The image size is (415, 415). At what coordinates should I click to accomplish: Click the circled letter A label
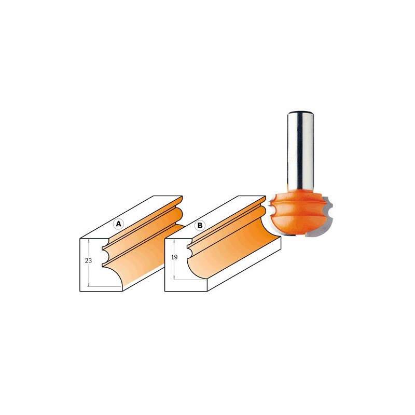point(118,224)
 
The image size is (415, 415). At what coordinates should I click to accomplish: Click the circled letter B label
point(200,225)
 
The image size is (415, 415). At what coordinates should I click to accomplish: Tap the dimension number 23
point(88,260)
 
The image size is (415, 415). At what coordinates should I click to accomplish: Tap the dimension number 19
point(174,257)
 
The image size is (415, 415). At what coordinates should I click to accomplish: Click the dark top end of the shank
point(301,113)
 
